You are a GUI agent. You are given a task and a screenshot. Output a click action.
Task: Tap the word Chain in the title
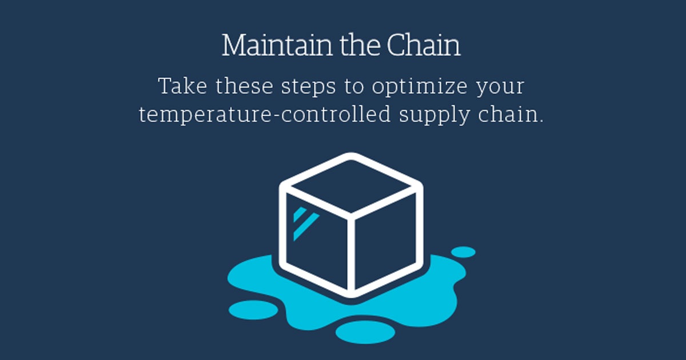click(424, 46)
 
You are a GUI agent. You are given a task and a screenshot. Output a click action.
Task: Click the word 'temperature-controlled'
click(265, 115)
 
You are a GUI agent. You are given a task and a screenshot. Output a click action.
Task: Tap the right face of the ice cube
click(386, 240)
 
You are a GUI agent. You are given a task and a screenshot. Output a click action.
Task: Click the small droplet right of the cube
click(463, 252)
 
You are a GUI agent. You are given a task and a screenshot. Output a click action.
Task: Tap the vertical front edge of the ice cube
click(351, 254)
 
